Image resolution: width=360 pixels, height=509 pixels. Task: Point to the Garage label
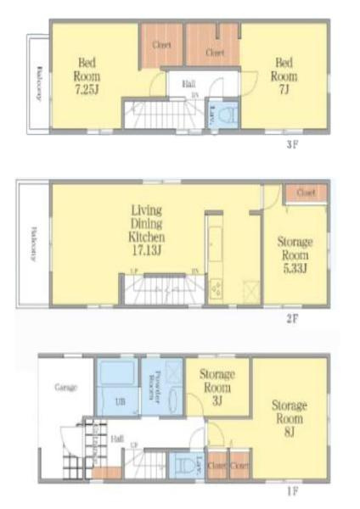tap(66, 388)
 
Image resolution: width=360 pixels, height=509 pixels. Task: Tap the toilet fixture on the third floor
tap(225, 115)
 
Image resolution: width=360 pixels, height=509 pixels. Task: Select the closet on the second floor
tap(306, 193)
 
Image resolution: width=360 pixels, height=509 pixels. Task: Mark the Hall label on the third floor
tap(188, 83)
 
